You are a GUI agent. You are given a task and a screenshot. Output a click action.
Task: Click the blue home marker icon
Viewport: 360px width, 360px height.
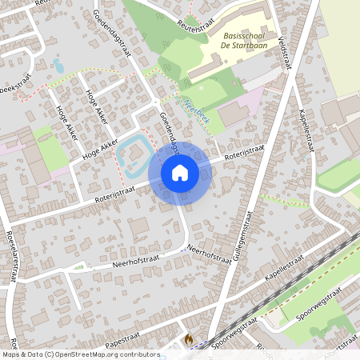coord(180,172)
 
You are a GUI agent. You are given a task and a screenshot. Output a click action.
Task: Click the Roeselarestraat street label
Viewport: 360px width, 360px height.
coord(11,256)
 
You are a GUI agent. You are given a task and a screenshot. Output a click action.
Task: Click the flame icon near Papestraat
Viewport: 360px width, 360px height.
coord(188,339)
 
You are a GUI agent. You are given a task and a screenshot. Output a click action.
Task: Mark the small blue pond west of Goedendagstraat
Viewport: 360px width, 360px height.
coord(58,66)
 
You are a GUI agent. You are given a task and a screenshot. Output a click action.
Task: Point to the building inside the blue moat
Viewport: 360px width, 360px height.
coord(133,149)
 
